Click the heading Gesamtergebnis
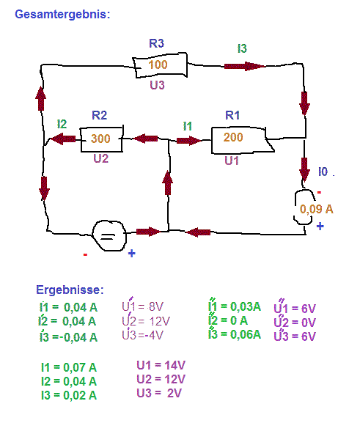[62, 15]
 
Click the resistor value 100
[158, 65]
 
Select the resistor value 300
[100, 139]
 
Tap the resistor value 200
[233, 137]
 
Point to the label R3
[156, 43]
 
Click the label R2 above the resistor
[99, 115]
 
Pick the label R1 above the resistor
[232, 115]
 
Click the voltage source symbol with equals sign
[109, 236]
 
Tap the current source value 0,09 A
[316, 209]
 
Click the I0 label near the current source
[323, 172]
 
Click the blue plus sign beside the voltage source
[132, 253]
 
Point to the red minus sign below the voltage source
[85, 254]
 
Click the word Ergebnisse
[70, 290]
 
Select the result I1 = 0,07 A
[69, 367]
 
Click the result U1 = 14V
[161, 365]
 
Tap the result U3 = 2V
[159, 393]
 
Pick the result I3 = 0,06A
[235, 334]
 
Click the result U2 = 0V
[295, 322]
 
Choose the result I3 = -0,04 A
[68, 337]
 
